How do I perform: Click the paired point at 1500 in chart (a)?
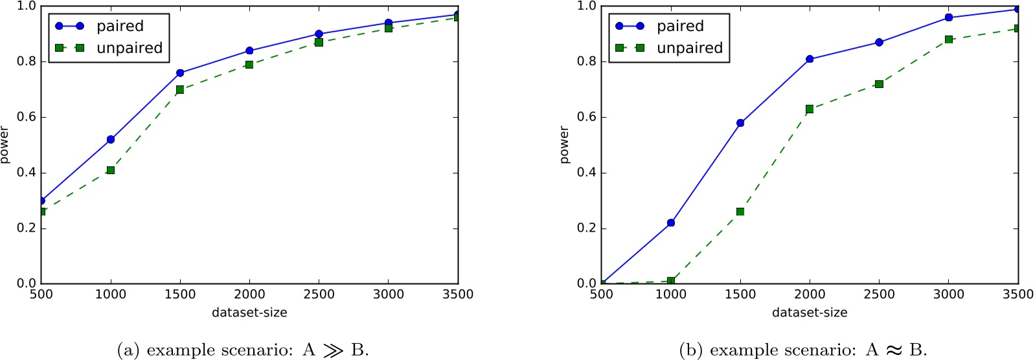coord(180,73)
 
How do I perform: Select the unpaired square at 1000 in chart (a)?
coord(111,170)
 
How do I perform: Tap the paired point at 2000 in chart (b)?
coord(810,59)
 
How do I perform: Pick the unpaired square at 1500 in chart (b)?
coord(740,212)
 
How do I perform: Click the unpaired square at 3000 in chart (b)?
coord(949,39)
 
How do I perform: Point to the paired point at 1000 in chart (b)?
coord(671,223)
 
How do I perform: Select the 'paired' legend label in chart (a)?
coord(120,27)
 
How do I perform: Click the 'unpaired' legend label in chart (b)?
coord(689,49)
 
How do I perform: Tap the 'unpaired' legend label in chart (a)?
coord(129,49)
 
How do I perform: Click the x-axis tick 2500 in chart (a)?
coord(319,295)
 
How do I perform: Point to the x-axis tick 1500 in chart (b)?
coord(740,295)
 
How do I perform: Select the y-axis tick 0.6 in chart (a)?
coord(27,117)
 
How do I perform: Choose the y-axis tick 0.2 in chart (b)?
coord(587,229)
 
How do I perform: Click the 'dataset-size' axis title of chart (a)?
coord(249,313)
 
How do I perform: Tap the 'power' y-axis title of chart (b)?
coord(564,145)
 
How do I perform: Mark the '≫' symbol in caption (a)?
coord(333,350)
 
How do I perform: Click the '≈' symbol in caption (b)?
coord(894,350)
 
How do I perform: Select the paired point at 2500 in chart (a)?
coord(319,34)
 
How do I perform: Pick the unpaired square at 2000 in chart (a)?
coord(249,65)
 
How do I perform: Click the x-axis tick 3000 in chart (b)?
coord(949,295)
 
